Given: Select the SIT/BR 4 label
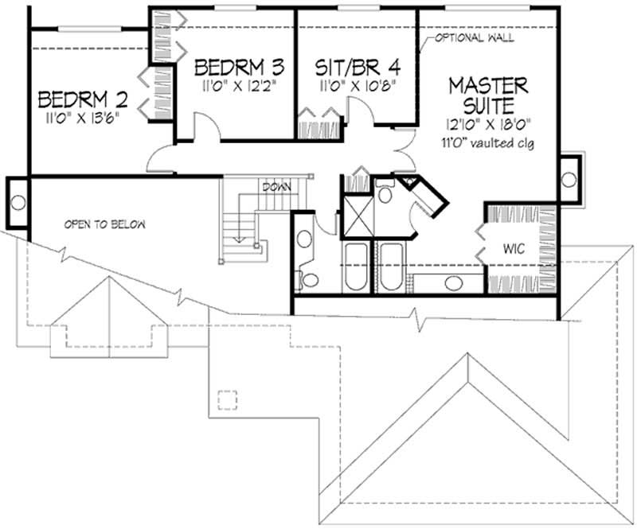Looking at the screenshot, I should tap(356, 64).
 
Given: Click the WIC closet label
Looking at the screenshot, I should tap(514, 249).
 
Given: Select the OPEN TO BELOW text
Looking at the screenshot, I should tap(105, 224).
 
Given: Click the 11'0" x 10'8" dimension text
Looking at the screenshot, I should tap(356, 81).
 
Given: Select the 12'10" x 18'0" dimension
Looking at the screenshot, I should tap(489, 123).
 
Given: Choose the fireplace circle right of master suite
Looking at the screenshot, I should tap(569, 180).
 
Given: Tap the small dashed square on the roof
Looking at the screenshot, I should tap(229, 398).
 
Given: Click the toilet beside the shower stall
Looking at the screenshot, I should tap(385, 194).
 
